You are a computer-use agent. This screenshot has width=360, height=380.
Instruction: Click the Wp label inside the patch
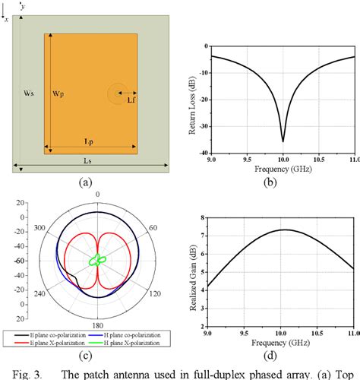point(58,93)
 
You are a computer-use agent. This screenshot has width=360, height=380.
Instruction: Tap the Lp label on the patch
point(90,144)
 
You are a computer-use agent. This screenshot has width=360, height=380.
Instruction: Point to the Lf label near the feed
point(131,100)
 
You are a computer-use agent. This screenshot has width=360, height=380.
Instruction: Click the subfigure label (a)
point(86,182)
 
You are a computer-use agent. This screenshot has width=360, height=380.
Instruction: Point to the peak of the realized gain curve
point(283,230)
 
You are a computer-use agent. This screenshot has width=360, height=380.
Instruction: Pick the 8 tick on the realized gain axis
point(204,217)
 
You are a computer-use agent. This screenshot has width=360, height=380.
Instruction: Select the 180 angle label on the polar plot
point(97,324)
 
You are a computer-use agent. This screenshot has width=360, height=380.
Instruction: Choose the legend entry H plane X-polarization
point(134,343)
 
